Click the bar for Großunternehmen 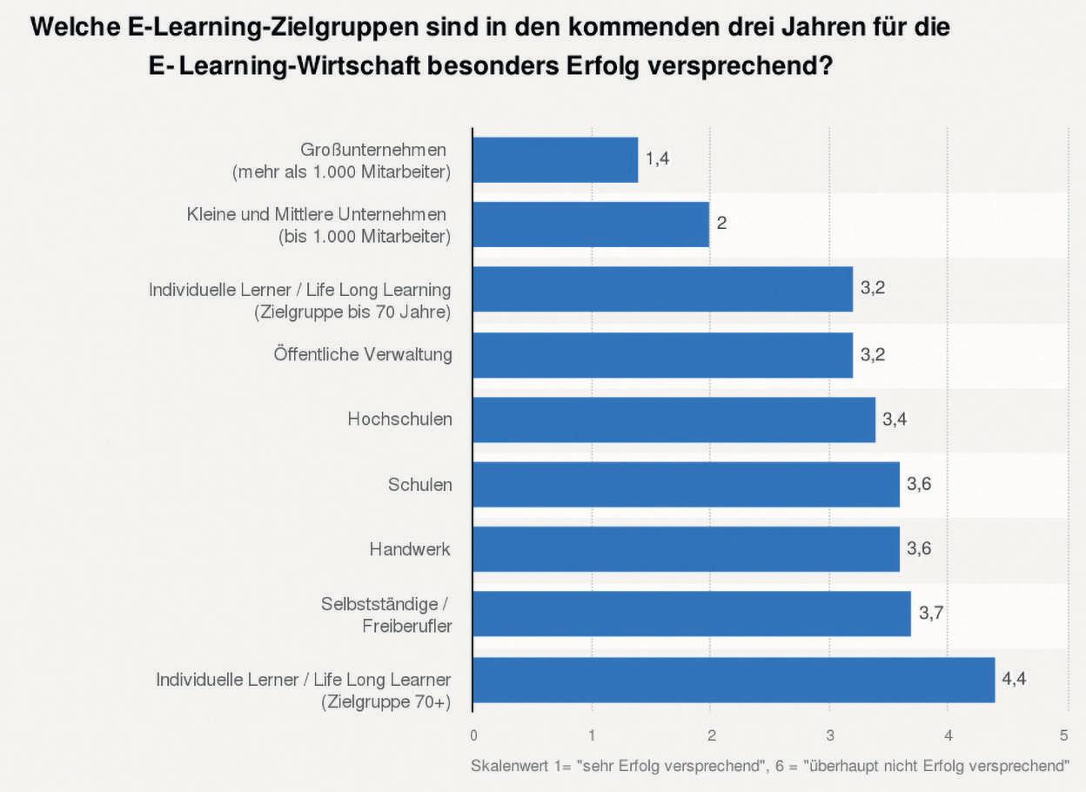(x=555, y=160)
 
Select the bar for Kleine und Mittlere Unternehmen (x=591, y=225)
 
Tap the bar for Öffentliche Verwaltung (x=662, y=355)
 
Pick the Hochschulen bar (x=674, y=419)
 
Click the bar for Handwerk (x=686, y=549)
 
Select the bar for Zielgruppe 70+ (x=734, y=680)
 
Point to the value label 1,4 (x=657, y=158)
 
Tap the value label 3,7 (x=931, y=614)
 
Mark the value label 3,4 (x=895, y=419)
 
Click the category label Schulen (x=420, y=485)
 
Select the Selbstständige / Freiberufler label (x=386, y=614)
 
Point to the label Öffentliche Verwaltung (x=363, y=355)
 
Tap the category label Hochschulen (x=400, y=419)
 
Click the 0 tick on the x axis (x=473, y=735)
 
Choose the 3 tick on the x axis (x=829, y=735)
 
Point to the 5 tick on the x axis (x=1064, y=735)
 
